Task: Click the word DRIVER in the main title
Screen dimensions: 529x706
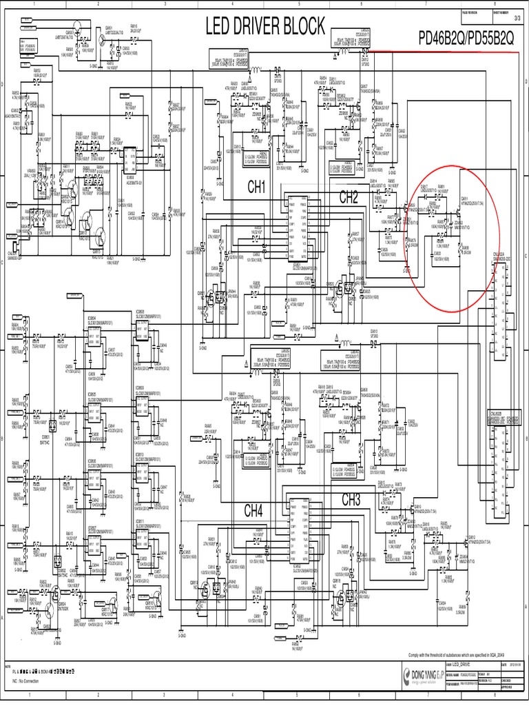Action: (265, 26)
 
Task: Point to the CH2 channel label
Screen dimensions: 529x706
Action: (349, 197)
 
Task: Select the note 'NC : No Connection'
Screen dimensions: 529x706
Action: (25, 680)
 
